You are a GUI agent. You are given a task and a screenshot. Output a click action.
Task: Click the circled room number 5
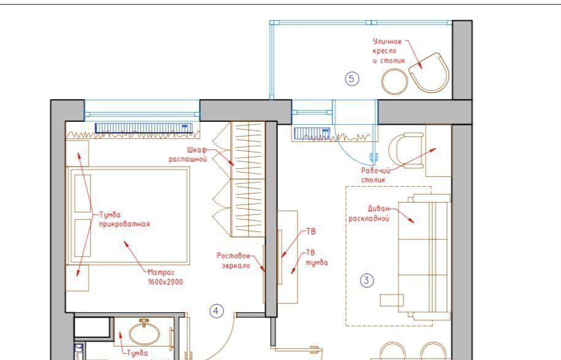(352, 78)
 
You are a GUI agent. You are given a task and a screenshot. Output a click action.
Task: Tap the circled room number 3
(366, 280)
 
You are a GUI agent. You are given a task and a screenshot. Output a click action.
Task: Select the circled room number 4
(216, 311)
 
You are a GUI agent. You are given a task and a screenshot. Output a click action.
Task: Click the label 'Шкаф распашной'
(188, 154)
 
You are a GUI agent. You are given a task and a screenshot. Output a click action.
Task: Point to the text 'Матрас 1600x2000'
(165, 277)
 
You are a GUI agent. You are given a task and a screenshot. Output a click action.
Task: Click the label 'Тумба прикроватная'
(124, 220)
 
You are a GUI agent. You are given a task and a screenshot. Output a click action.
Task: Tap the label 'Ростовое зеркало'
(233, 261)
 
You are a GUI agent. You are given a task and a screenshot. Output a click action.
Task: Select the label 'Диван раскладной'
(369, 214)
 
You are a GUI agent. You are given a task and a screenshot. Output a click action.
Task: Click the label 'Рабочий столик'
(375, 175)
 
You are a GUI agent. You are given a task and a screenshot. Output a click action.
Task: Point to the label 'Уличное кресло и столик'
(388, 51)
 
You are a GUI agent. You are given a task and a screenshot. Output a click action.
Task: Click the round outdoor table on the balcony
(394, 81)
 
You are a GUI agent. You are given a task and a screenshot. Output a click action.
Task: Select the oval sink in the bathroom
(144, 333)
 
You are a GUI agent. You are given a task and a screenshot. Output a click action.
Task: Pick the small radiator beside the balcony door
(312, 133)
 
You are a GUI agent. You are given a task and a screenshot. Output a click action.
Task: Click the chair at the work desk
(406, 150)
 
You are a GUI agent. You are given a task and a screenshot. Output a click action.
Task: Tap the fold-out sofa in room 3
(424, 257)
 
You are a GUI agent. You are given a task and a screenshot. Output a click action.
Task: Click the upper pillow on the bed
(82, 193)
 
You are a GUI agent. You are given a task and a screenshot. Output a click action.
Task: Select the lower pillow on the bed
(82, 238)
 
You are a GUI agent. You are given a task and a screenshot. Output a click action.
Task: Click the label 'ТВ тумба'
(317, 257)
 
